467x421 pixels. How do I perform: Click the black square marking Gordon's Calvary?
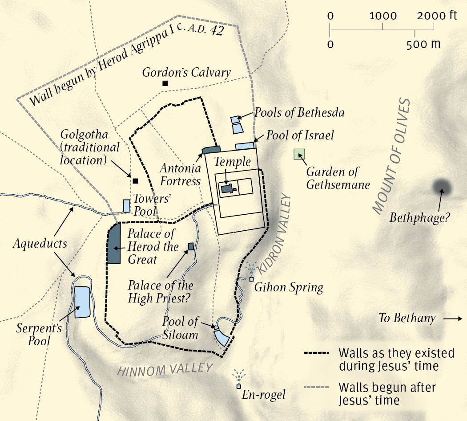pyautogui.click(x=165, y=83)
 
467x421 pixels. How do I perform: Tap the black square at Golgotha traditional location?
pyautogui.click(x=135, y=181)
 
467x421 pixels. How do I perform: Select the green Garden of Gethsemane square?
pyautogui.click(x=299, y=154)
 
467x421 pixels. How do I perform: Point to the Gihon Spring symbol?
pyautogui.click(x=251, y=279)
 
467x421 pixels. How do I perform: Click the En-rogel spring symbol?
pyautogui.click(x=239, y=386)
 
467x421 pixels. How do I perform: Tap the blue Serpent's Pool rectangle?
pyautogui.click(x=82, y=302)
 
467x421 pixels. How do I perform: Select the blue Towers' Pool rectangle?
pyautogui.click(x=127, y=206)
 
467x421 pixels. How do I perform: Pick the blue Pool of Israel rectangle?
pyautogui.click(x=244, y=146)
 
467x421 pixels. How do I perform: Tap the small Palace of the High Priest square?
pyautogui.click(x=191, y=246)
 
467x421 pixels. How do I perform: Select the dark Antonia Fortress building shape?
pyautogui.click(x=212, y=150)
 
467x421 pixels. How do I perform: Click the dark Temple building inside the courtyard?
pyautogui.click(x=227, y=189)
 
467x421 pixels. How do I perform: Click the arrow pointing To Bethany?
pyautogui.click(x=453, y=319)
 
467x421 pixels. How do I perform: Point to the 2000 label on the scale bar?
pyautogui.click(x=430, y=16)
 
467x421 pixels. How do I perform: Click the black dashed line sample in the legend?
pyautogui.click(x=316, y=353)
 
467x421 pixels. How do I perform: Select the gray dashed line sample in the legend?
pyautogui.click(x=316, y=387)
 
